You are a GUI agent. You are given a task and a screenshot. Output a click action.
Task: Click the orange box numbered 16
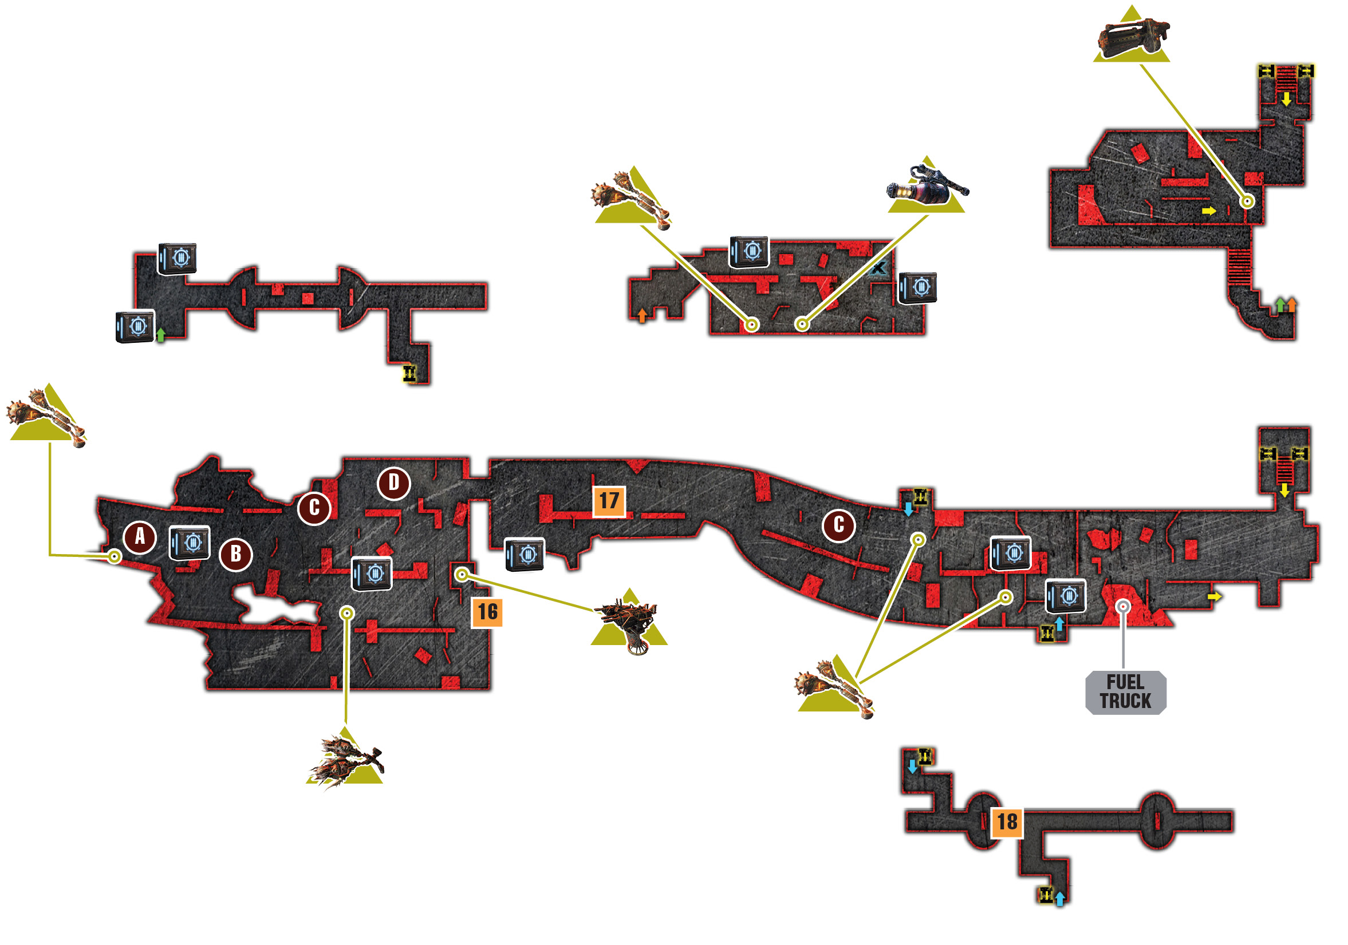487,612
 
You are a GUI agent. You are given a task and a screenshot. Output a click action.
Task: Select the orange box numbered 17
609,501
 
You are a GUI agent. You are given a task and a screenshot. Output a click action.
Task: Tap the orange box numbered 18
1007,822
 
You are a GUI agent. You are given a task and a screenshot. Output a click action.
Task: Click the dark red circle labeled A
140,536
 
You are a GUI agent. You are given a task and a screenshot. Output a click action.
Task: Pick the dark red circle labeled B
236,554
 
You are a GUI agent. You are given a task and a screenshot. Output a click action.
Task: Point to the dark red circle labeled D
393,483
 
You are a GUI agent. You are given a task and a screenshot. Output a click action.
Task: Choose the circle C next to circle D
314,508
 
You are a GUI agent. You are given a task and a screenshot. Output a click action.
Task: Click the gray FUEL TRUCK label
1125,692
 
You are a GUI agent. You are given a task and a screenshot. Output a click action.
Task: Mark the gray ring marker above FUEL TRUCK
1123,606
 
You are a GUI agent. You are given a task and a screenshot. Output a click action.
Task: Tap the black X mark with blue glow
877,269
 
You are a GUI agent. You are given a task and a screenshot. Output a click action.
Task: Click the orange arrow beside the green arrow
1292,305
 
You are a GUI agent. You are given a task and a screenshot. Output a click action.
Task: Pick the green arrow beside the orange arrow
1280,305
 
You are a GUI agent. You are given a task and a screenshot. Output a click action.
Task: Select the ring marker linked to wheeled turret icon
462,575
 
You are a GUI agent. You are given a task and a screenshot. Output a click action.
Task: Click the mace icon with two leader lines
834,687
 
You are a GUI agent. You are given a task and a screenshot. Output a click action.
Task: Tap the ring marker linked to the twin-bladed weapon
348,614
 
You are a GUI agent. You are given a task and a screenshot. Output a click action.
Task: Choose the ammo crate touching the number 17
525,555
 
